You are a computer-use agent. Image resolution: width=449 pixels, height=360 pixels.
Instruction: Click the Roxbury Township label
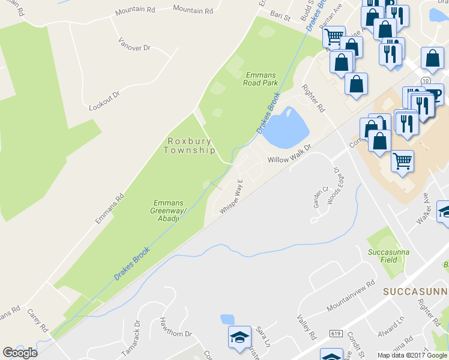tap(191, 146)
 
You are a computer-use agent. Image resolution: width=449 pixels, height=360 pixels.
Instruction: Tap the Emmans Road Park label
tap(261, 79)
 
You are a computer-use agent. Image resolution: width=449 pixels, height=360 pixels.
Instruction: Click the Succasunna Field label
tap(388, 256)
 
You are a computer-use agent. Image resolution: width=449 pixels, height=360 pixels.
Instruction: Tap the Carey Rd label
tap(37, 321)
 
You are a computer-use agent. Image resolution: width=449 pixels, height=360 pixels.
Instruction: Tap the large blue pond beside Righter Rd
tap(285, 128)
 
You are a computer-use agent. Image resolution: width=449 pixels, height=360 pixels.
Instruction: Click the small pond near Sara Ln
tap(228, 319)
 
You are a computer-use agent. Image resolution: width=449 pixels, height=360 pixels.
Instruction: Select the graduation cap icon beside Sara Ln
tap(239, 337)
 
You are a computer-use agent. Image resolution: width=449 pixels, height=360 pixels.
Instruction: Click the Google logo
tap(20, 352)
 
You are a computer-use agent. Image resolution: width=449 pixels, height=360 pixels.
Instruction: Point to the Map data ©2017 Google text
tap(412, 355)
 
